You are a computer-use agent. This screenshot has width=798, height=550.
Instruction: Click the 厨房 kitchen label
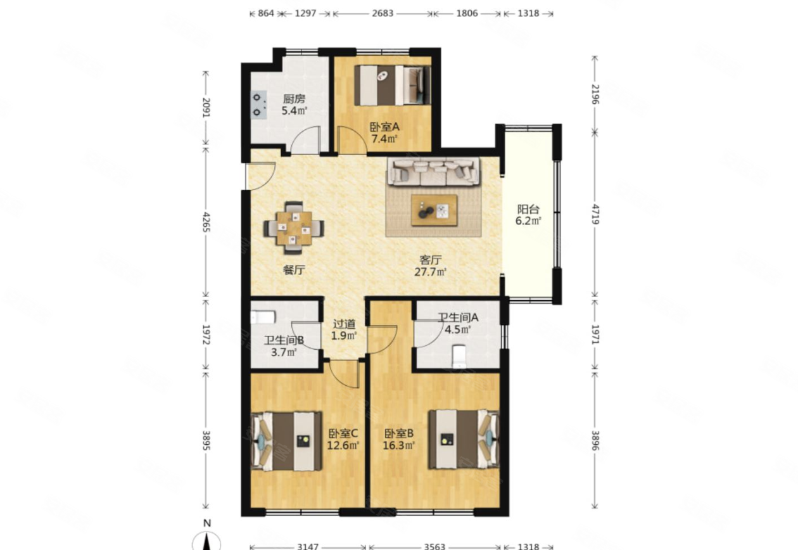(294, 98)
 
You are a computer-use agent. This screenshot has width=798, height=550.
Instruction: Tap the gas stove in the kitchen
(258, 104)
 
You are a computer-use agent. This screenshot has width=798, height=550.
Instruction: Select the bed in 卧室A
(392, 85)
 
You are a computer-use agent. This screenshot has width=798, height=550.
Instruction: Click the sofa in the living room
(433, 172)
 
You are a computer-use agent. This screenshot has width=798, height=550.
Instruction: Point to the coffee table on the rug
(434, 210)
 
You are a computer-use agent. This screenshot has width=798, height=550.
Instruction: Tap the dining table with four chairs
(294, 227)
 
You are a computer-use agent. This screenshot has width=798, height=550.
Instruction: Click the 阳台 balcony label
(528, 209)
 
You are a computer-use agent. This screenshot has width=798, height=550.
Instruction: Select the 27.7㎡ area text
(431, 272)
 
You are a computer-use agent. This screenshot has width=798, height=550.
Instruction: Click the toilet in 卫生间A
(458, 355)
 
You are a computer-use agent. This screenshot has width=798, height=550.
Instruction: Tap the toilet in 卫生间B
(263, 317)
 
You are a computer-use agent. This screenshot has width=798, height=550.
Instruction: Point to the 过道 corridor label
(344, 324)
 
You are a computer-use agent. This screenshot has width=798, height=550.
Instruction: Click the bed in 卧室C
(286, 441)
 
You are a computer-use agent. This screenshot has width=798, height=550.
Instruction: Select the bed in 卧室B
(464, 438)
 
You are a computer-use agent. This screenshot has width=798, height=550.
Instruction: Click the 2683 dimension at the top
(383, 13)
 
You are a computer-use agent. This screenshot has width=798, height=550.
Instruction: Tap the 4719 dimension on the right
(595, 215)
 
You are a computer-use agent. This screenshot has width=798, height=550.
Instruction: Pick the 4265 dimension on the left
(206, 222)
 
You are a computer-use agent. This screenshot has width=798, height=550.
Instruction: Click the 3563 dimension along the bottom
(435, 546)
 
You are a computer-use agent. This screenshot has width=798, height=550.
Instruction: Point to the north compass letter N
(207, 523)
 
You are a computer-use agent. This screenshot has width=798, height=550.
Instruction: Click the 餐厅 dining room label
(294, 270)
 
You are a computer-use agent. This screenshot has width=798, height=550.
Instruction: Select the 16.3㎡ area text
(399, 445)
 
